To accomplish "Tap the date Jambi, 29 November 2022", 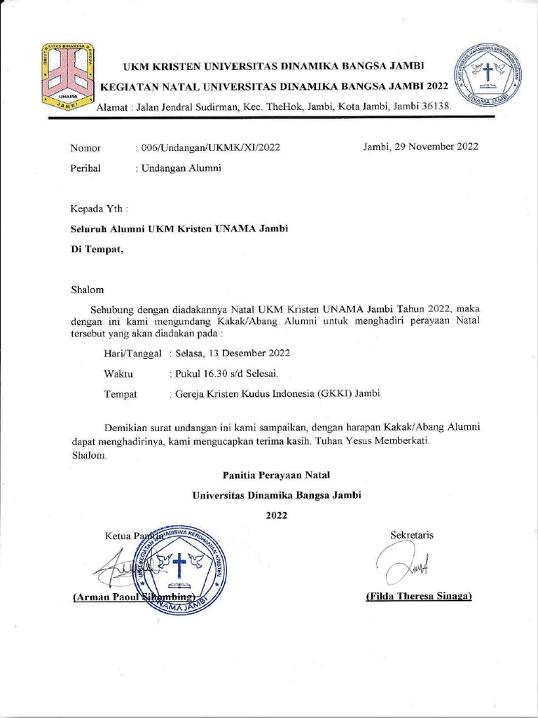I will (x=420, y=147).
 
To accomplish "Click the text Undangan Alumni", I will (x=180, y=168).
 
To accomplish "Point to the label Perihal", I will (x=85, y=168).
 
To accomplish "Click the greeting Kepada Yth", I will (x=99, y=209).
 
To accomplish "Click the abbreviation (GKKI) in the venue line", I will (x=334, y=393).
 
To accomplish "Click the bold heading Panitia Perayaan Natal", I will (x=277, y=475).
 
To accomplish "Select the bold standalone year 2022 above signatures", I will (x=276, y=515).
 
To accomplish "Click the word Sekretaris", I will (x=411, y=535).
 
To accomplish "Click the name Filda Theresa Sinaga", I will (x=418, y=596).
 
